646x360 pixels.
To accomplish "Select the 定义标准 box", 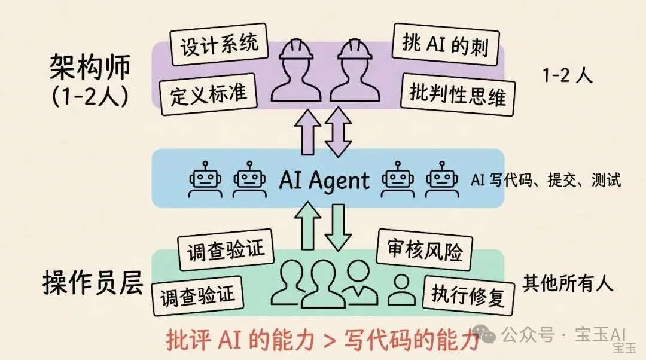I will (x=205, y=94).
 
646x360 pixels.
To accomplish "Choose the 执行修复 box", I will (x=468, y=295).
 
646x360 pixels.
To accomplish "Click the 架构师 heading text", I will (x=89, y=69).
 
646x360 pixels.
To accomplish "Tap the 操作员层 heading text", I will (x=93, y=284).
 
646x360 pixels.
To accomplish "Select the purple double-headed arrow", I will (x=338, y=132).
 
